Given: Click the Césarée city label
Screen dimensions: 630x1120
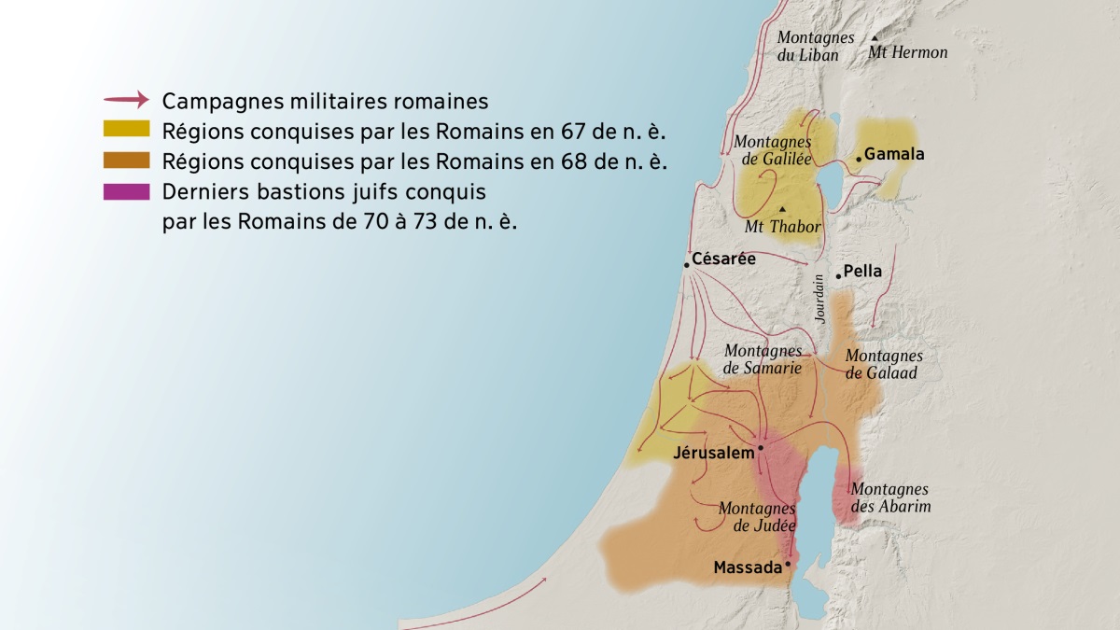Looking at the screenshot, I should [x=723, y=259].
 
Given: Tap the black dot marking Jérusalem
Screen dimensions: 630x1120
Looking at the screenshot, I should [x=762, y=448].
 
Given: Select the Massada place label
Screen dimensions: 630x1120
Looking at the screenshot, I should [x=747, y=567].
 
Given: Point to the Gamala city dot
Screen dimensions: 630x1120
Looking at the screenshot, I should [x=859, y=160].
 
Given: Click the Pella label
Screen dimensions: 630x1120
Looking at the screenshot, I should [x=862, y=272].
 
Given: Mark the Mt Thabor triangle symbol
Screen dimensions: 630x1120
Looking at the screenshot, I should [x=782, y=208].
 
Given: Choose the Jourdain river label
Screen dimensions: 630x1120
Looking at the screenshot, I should [x=819, y=299].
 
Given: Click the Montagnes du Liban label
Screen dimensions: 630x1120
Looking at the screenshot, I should [x=815, y=46].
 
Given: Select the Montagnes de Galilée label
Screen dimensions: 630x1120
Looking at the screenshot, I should [x=772, y=149].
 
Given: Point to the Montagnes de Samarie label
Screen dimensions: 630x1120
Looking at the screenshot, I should [x=763, y=359].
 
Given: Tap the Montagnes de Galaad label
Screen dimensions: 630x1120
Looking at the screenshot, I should [x=883, y=364].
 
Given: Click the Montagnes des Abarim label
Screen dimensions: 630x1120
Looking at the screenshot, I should [x=890, y=497].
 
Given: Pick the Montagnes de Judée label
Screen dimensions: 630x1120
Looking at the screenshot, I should [x=757, y=517].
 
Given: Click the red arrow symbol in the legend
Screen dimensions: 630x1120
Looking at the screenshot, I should [x=126, y=99].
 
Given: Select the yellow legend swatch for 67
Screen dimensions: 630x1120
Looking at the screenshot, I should [x=126, y=129].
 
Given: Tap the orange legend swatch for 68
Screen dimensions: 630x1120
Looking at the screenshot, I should [x=126, y=160].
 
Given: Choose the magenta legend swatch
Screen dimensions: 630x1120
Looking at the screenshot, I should [x=126, y=191].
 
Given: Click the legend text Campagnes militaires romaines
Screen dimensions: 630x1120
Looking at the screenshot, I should [x=325, y=100].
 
